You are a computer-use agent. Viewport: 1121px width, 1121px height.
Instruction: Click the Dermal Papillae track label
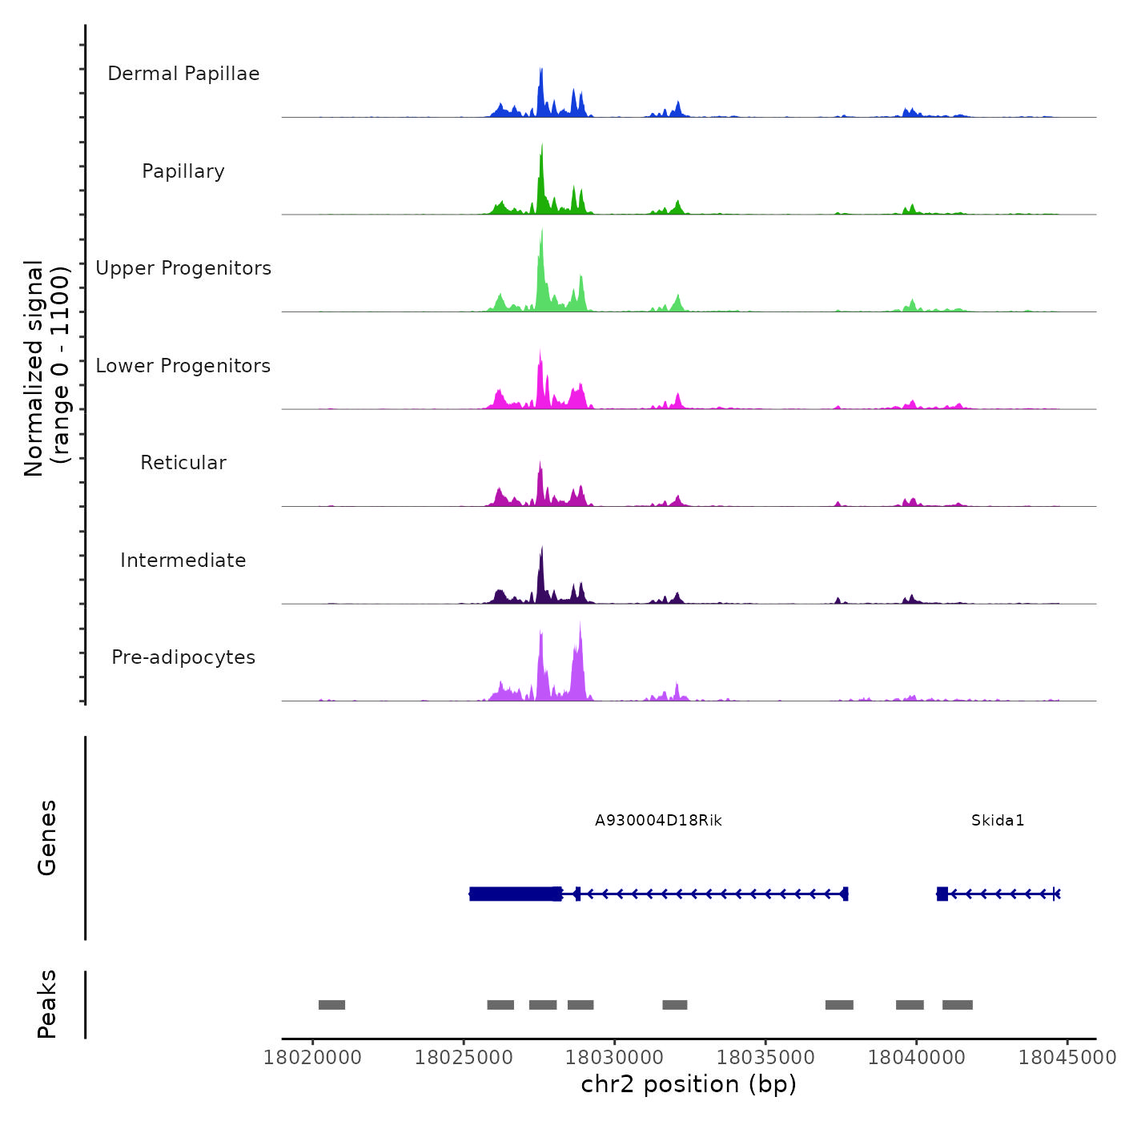coord(183,74)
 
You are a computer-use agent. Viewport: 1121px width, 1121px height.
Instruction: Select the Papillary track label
coord(183,171)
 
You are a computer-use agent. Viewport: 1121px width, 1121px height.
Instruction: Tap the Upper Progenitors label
coord(183,268)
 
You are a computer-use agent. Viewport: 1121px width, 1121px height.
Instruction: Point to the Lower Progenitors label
coord(183,366)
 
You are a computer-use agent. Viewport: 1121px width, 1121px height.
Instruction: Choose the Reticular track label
coord(183,463)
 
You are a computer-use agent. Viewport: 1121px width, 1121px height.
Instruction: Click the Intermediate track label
coord(183,560)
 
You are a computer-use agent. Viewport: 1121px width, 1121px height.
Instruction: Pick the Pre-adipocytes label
coord(183,657)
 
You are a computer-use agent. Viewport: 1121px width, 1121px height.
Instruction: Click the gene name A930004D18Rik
coord(658,821)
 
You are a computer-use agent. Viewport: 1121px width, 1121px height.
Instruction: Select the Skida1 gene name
coord(998,821)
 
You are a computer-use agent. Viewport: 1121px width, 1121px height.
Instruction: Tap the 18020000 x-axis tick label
coord(313,1058)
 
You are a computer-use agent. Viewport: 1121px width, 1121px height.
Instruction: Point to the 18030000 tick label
coord(615,1058)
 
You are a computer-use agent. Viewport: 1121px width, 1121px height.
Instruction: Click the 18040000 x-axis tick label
coord(917,1058)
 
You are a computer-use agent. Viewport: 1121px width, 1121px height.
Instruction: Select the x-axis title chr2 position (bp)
coord(689,1084)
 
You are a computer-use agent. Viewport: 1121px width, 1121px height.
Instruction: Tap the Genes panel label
coord(47,838)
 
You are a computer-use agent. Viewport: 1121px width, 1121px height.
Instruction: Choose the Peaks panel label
coord(47,1004)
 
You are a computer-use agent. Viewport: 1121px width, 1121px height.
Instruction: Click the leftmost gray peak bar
coord(331,1005)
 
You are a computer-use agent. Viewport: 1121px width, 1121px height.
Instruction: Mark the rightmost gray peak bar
coord(958,1005)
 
